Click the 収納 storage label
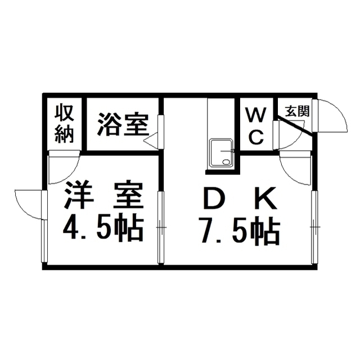pos(64,123)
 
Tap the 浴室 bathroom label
pos(123,124)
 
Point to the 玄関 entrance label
pos(298,111)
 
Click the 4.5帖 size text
pos(103,228)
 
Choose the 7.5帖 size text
pos(240,232)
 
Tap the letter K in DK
pos(266,198)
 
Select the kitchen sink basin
pos(222,153)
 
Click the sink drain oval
pos(226,162)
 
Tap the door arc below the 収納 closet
pos(64,168)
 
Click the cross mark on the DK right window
pos(315,227)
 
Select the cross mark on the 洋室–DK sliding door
pos(161,227)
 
